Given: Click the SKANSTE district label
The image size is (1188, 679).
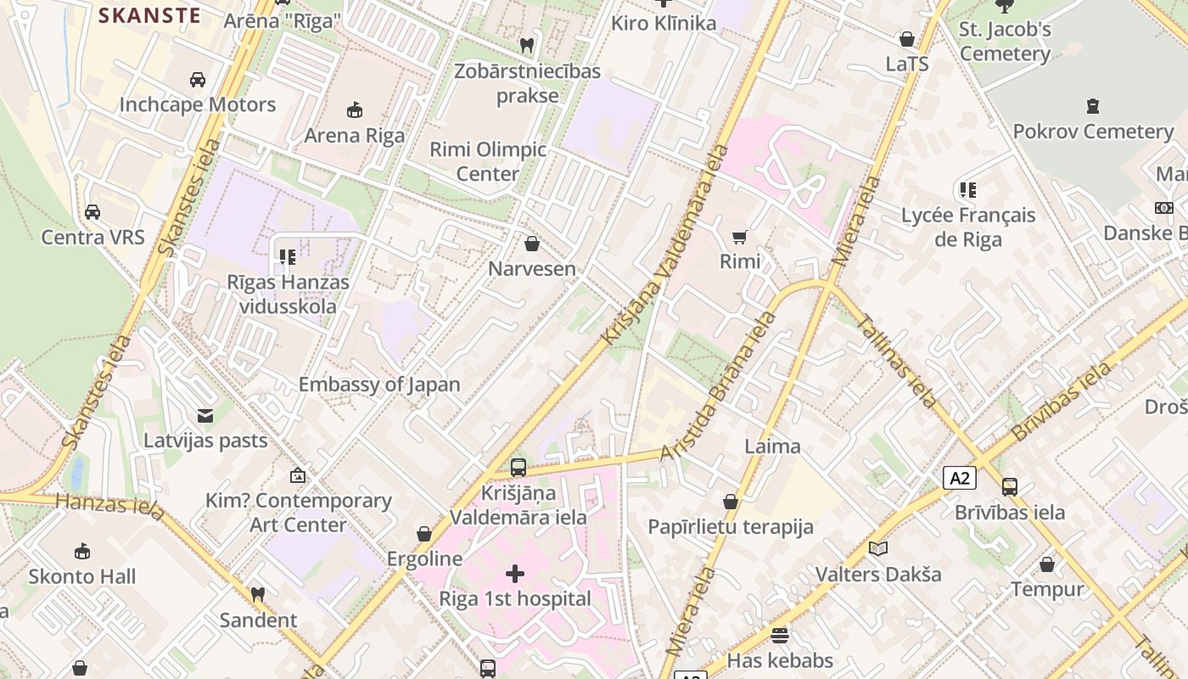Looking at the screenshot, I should click(x=149, y=15).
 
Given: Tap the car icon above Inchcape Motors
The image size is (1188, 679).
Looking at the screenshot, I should click(x=197, y=80).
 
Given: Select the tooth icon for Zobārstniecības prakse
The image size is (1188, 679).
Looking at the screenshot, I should click(x=527, y=45).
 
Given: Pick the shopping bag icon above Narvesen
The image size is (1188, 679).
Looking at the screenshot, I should click(x=532, y=244).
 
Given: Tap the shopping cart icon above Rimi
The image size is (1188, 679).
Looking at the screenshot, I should click(x=740, y=237).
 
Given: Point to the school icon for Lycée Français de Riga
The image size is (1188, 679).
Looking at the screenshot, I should click(x=967, y=190).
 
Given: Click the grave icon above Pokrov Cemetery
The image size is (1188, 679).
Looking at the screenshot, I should click(x=1093, y=107).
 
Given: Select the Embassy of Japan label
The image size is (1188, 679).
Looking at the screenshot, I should click(x=379, y=384).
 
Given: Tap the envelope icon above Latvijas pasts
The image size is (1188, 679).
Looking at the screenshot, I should click(x=205, y=416).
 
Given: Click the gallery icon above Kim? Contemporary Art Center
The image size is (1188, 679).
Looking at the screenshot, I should click(x=298, y=475).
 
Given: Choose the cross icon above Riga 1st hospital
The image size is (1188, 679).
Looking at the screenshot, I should click(x=515, y=574).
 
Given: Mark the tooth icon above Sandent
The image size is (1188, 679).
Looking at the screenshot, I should click(x=258, y=595).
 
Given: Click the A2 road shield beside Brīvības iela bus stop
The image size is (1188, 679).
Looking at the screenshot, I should click(x=960, y=478).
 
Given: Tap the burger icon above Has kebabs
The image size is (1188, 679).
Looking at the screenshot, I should click(x=780, y=635).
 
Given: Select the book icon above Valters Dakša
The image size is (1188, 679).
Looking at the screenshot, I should click(x=878, y=549).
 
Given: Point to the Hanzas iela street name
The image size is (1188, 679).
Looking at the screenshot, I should click(x=110, y=504).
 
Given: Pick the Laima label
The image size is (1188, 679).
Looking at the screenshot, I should click(x=772, y=446).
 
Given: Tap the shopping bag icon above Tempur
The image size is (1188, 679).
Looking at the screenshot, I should click(x=1047, y=564).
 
